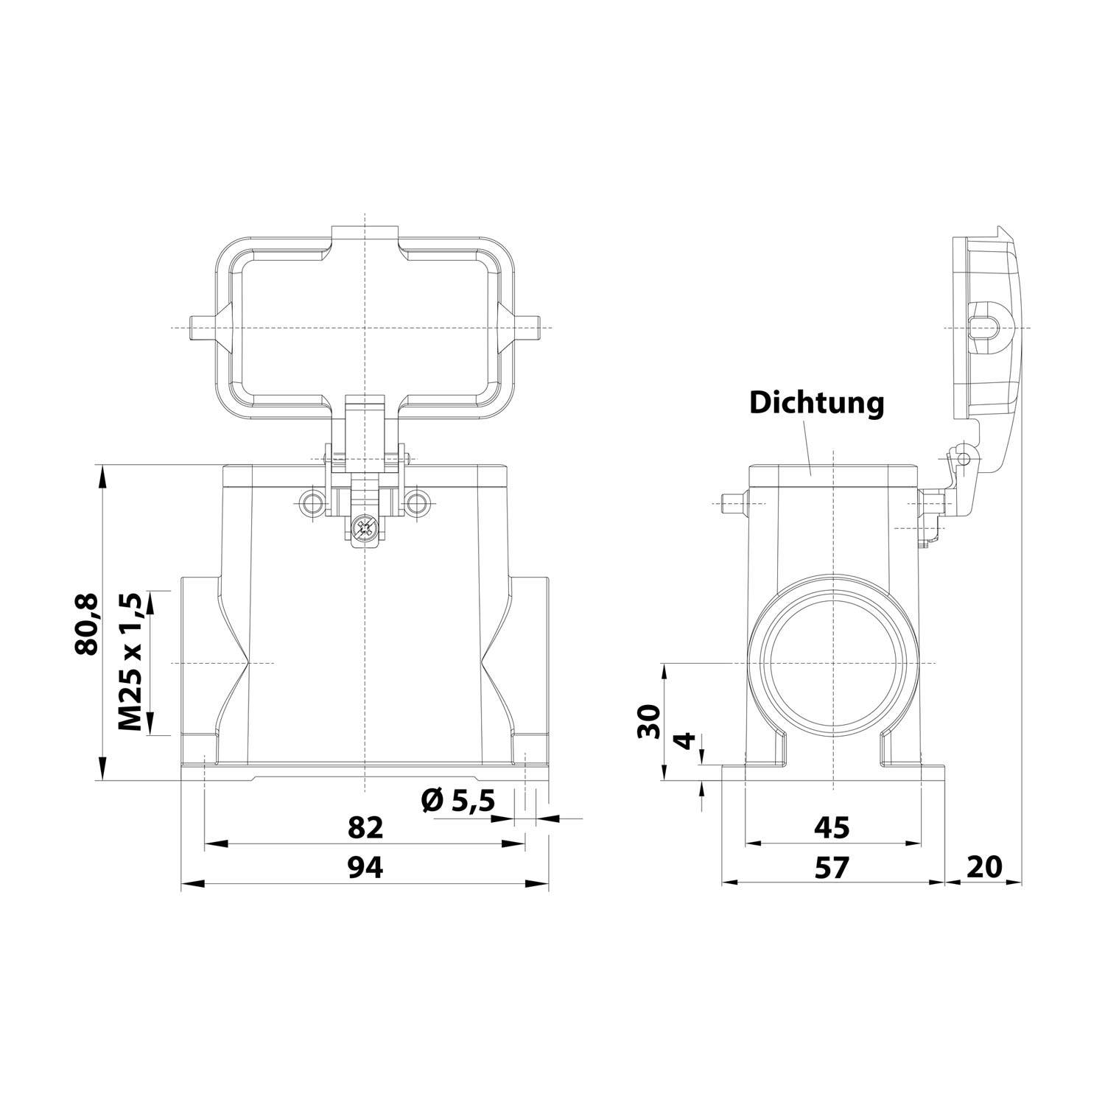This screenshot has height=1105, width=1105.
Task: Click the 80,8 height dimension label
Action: [x=85, y=623]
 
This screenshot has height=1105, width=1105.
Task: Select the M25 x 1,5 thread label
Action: [x=131, y=663]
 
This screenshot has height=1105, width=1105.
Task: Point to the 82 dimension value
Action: [x=365, y=828]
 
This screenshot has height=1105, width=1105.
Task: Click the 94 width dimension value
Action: [x=365, y=867]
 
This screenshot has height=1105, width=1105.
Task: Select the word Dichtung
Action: [x=816, y=403]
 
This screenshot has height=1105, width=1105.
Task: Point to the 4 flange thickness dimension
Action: [x=685, y=741]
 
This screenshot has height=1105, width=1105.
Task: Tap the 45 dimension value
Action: [x=832, y=828]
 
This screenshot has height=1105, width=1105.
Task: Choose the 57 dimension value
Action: [x=832, y=867]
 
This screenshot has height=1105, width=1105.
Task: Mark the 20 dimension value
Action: [x=984, y=867]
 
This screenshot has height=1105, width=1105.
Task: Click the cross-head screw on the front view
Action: [x=363, y=528]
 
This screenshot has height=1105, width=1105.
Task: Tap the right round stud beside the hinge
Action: [x=417, y=503]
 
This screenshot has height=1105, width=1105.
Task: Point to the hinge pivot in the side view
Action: [x=961, y=459]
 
